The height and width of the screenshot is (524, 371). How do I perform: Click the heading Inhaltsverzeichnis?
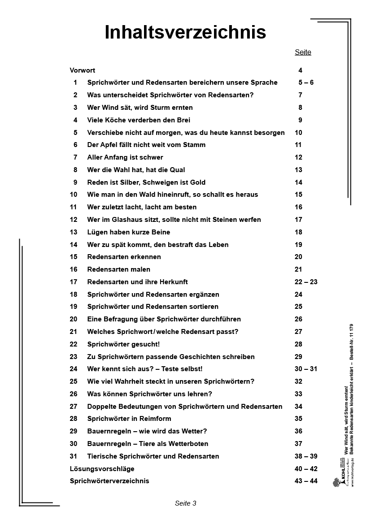point(185,32)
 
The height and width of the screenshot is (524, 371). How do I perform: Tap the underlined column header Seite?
point(303,52)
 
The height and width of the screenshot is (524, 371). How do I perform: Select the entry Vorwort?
point(83,70)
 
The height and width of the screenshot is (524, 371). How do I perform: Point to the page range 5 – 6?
point(306,82)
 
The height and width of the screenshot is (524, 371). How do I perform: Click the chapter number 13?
point(74,232)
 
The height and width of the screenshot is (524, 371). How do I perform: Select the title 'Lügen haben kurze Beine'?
point(129,232)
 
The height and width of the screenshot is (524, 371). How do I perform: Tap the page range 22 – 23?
point(306,282)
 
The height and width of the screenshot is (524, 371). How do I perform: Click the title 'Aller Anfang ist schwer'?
point(125,157)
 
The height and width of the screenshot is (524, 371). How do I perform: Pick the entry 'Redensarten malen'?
point(119,269)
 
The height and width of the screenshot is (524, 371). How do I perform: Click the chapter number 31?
point(74,456)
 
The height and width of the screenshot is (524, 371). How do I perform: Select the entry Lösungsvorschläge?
point(102,469)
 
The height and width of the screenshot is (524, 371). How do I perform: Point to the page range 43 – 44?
point(306,481)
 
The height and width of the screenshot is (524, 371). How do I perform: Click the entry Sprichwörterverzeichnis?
point(109,481)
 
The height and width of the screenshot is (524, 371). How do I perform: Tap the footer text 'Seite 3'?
point(186,503)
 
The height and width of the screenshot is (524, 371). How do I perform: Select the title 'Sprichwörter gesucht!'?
point(123,344)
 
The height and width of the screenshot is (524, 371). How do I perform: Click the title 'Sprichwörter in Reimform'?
point(129,419)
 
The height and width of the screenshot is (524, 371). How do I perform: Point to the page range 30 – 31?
point(306,369)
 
